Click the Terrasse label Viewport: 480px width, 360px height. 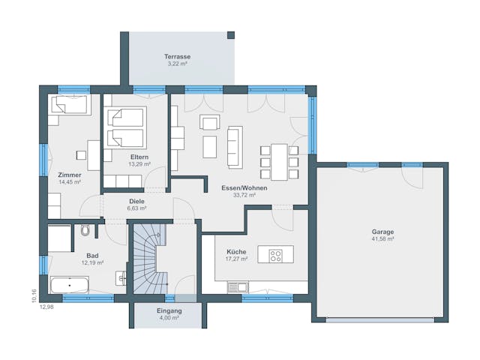pos(178,57)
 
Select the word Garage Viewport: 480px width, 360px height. pos(382,232)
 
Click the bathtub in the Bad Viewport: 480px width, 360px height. pos(69,285)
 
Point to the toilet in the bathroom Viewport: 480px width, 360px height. pos(86,230)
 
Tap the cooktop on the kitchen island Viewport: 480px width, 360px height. pos(276,255)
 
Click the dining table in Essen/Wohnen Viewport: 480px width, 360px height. pos(279,161)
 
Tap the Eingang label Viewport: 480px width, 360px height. pos(169,310)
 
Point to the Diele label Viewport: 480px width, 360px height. pos(136,201)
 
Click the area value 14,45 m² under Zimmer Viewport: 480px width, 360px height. pos(70,181)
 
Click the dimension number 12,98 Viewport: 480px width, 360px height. pos(46,307)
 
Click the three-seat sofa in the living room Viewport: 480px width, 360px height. pos(235,146)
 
